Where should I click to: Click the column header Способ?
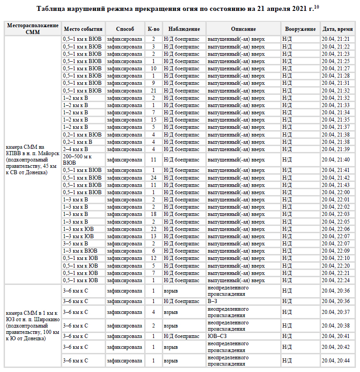click(125, 29)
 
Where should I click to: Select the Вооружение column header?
click(300, 29)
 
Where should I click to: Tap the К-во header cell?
click(153, 29)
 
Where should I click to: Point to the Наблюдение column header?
click(181, 29)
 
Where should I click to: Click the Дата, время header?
click(338, 29)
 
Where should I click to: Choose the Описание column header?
click(243, 29)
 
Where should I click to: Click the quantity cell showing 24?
click(153, 178)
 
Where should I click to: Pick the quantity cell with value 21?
click(153, 91)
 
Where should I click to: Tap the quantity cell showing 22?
click(153, 229)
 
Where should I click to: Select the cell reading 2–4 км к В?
click(75, 149)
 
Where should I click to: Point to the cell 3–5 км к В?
click(75, 244)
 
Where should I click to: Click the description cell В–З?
click(213, 301)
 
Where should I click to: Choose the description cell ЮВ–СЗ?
click(217, 336)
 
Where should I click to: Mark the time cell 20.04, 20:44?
click(336, 361)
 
